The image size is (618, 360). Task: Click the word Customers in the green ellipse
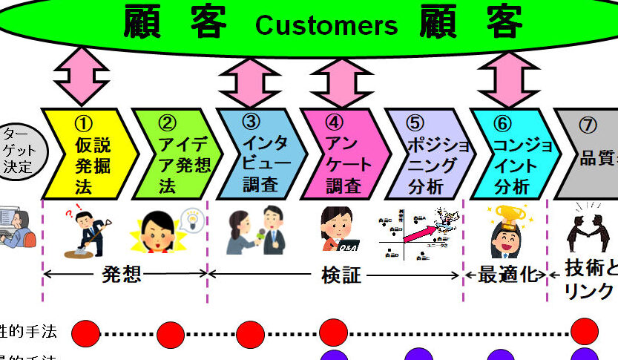(326, 25)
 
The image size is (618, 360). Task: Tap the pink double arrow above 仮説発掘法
(82, 74)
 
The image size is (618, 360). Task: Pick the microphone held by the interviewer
(259, 237)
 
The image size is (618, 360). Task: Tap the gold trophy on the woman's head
(509, 216)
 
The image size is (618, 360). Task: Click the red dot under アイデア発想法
(171, 335)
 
